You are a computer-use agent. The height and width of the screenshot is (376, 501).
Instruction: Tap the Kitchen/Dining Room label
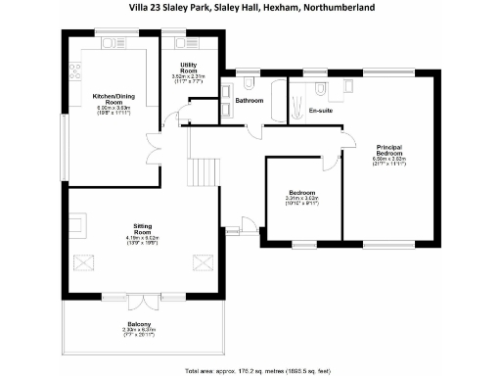pyautogui.click(x=114, y=99)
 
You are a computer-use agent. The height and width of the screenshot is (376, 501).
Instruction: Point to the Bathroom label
pyautogui.click(x=250, y=101)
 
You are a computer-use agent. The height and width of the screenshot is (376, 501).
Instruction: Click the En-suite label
pyautogui.click(x=321, y=111)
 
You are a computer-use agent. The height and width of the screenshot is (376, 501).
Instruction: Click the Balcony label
pyautogui.click(x=139, y=323)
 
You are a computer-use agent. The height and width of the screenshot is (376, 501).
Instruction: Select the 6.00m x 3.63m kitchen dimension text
pyautogui.click(x=114, y=108)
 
